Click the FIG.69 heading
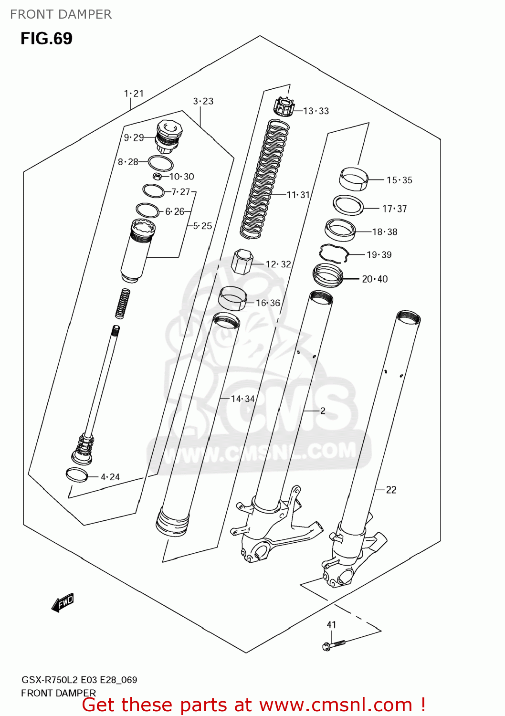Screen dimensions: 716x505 pos(46,39)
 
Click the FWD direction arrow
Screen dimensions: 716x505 pos(63,603)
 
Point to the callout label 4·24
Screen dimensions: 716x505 pos(110,477)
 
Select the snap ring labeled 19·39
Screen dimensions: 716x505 pos(334,253)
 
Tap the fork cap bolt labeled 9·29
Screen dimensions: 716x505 pos(168,135)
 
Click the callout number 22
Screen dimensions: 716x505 pos(391,490)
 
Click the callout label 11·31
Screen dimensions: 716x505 pos(298,195)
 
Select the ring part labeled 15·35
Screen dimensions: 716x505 pos(354,179)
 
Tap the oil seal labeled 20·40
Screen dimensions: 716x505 pos(328,275)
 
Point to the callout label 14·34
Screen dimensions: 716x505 pos(242,399)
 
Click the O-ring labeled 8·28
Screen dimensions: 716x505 pos(160,163)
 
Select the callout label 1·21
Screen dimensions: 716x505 pos(134,94)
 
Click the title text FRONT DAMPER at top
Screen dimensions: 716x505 pos(61,14)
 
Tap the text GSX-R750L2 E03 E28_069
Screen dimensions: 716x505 pos(79,680)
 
